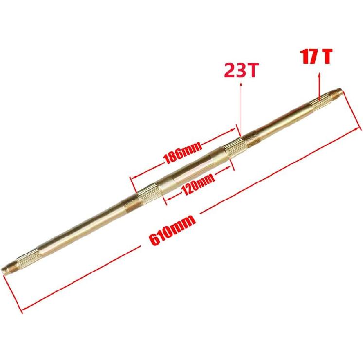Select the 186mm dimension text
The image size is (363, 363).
(x=175, y=154)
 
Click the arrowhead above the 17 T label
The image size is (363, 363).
(x=319, y=74)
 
